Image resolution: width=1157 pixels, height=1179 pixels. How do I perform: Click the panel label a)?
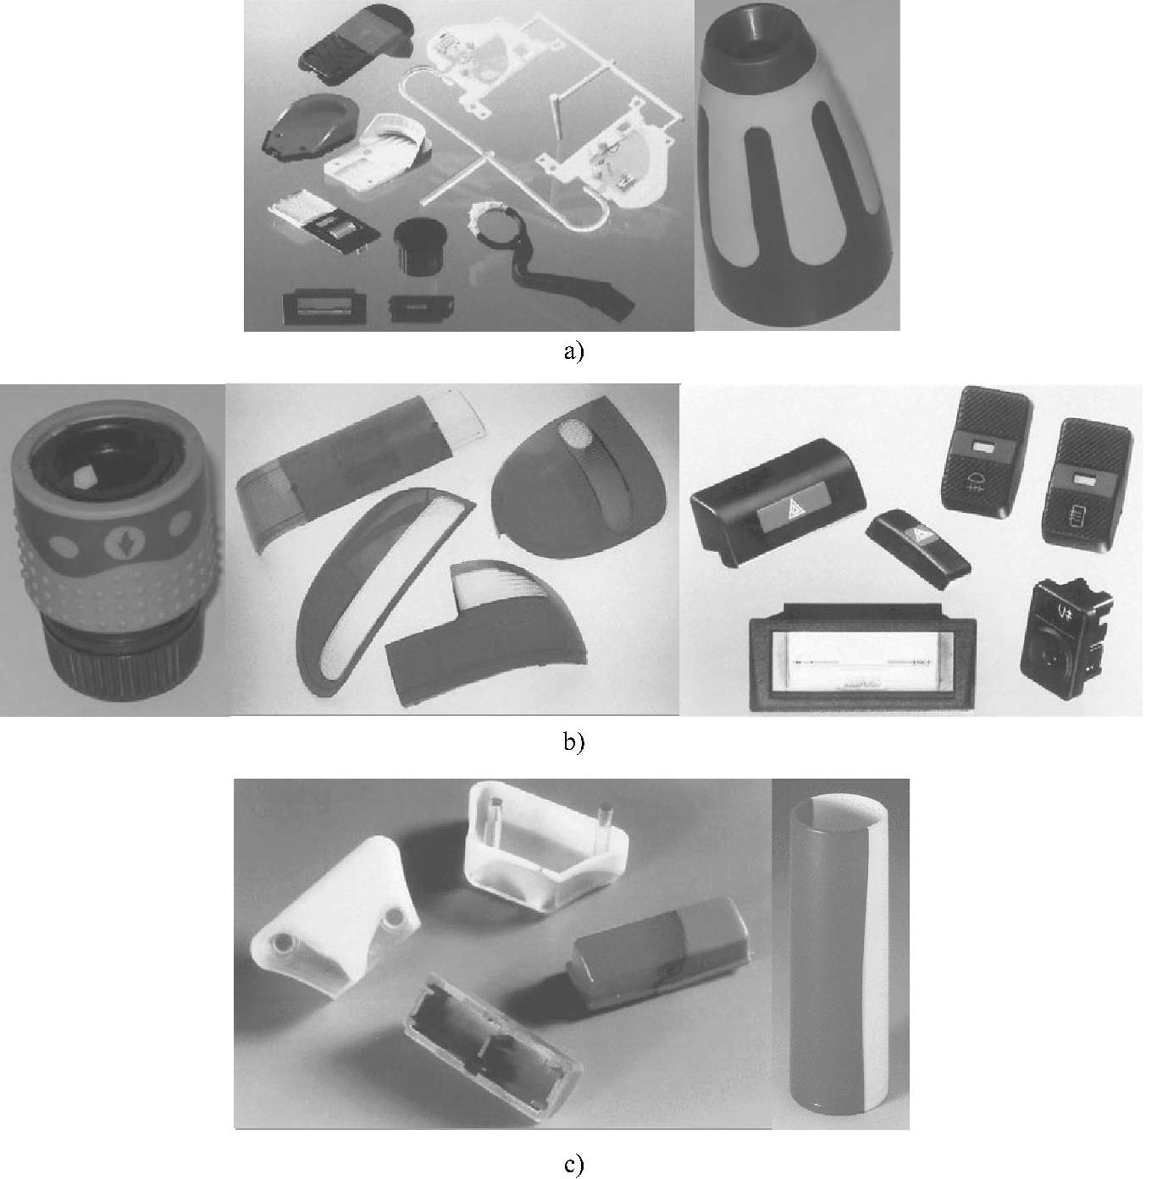[x=573, y=352]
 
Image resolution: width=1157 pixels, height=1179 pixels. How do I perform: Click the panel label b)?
[x=573, y=741]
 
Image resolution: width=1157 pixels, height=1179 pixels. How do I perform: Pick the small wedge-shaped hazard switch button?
[x=917, y=548]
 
